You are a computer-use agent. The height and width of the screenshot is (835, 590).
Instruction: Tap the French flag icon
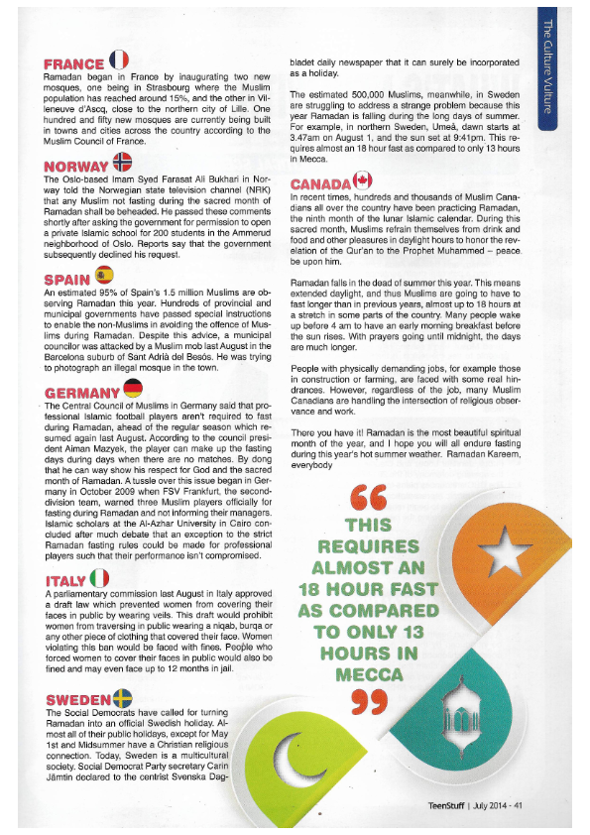(117, 60)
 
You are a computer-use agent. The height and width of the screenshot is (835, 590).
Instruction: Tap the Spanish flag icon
(102, 275)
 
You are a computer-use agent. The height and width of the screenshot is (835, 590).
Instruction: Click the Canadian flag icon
(362, 179)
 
